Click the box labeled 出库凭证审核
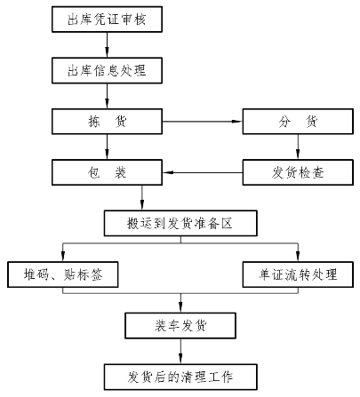coord(107,20)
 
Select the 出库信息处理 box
coord(107,70)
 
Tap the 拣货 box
coord(107,122)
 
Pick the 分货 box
coord(298,122)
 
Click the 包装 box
coord(107,172)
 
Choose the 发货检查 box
coord(298,172)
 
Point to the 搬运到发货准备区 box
coord(180,223)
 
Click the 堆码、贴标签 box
coord(63,274)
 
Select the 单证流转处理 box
coord(298,274)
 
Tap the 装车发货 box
coord(180,325)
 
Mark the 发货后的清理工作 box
coord(180,377)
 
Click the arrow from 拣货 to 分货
coord(203,122)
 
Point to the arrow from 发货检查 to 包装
coord(203,172)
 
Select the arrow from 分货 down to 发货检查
coord(298,147)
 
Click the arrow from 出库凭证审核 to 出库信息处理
coord(107,44)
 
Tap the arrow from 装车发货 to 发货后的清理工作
coord(180,351)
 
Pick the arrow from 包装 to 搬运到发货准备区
coord(142,198)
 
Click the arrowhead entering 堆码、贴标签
coord(63,257)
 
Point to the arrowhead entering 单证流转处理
coord(298,257)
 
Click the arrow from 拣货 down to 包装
coord(107,147)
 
